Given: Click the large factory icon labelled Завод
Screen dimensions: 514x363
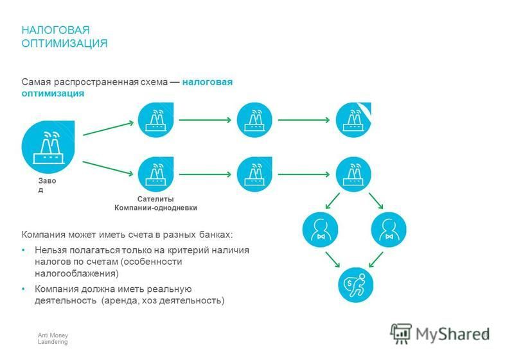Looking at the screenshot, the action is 48,147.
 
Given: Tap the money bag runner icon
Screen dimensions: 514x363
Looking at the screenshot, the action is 356,285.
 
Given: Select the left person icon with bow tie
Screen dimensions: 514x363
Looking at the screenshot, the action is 320,230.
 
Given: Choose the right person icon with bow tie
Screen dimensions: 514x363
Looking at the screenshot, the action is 389,230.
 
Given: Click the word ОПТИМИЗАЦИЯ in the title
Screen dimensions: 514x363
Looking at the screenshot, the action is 65,43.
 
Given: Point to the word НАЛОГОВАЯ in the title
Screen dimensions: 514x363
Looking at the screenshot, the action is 55,30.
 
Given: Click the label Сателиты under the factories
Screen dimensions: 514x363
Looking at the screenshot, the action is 155,199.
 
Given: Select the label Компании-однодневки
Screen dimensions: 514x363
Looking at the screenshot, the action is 155,208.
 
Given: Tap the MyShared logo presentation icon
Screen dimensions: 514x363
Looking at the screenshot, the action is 401,334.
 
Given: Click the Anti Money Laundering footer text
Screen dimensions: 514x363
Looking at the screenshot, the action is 53,339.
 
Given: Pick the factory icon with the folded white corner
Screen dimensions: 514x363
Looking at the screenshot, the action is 353,120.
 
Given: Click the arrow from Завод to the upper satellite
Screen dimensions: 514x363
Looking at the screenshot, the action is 109,128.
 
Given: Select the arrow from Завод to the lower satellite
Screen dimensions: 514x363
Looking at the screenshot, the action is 108,168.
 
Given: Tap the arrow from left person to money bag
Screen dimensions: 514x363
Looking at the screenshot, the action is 333,260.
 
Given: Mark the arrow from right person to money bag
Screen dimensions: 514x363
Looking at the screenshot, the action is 376,260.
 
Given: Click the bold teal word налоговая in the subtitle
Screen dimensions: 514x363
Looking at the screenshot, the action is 208,82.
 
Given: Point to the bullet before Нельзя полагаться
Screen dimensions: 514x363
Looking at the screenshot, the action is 23,250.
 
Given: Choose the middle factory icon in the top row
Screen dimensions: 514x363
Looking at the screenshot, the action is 254,120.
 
